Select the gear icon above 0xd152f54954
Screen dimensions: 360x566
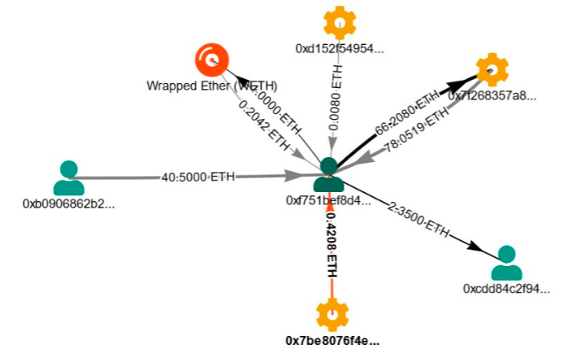pyautogui.click(x=337, y=22)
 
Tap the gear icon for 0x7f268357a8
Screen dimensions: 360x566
pyautogui.click(x=491, y=69)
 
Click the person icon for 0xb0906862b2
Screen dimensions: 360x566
pyautogui.click(x=68, y=177)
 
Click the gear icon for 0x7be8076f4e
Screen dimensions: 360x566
pyautogui.click(x=332, y=315)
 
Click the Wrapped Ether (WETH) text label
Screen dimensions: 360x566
pyautogui.click(x=211, y=85)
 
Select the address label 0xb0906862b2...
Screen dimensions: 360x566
pyautogui.click(x=68, y=203)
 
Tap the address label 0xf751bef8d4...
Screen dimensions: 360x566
pyautogui.click(x=328, y=200)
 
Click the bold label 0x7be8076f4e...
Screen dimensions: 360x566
pyautogui.click(x=333, y=341)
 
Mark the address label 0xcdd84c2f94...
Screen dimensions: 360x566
pyautogui.click(x=506, y=288)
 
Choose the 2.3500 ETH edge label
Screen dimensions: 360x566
pyautogui.click(x=418, y=219)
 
